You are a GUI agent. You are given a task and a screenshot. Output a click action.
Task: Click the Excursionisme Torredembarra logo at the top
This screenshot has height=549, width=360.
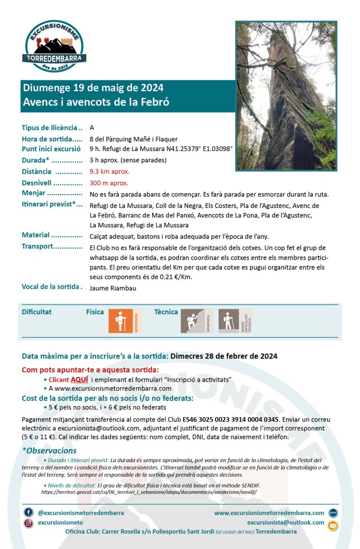tap(55, 47)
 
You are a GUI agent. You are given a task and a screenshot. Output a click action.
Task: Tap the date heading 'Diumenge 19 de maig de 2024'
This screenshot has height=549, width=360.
tap(93, 88)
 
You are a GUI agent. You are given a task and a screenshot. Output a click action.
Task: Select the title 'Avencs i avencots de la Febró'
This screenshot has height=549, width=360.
tap(96, 102)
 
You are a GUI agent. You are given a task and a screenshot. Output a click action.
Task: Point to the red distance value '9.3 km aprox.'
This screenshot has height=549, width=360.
tap(110, 172)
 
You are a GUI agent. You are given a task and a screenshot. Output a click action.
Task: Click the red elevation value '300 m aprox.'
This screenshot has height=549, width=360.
tap(109, 183)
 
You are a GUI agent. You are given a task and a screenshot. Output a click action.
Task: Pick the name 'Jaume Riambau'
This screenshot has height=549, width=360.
tap(113, 288)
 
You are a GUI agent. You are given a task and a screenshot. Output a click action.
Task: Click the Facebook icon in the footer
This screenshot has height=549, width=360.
tap(28, 513)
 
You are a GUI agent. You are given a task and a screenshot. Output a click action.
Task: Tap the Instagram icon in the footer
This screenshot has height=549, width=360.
tap(28, 523)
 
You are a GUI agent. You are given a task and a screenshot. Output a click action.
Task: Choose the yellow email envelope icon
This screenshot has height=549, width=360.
tap(333, 525)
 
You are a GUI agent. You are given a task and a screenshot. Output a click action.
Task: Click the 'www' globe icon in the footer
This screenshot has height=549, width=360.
tap(333, 513)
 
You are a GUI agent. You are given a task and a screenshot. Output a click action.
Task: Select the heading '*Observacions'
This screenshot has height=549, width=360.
tap(49, 450)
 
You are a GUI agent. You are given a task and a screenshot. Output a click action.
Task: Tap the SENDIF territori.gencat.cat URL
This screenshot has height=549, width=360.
tap(149, 491)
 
